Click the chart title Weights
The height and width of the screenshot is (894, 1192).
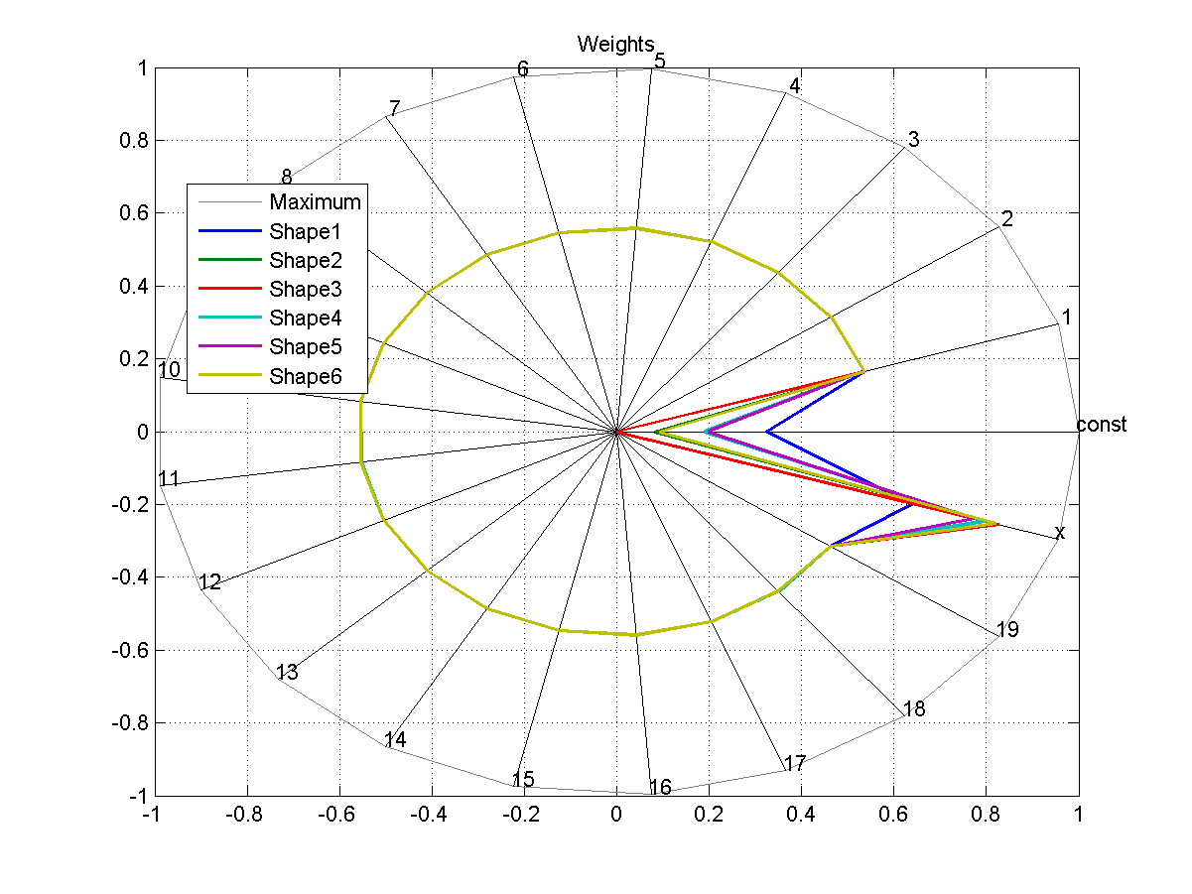coord(615,44)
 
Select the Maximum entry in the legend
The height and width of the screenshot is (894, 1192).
coord(315,202)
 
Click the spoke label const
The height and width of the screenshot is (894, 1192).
coord(1102,425)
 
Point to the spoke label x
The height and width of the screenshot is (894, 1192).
coord(1060,533)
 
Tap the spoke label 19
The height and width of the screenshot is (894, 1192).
coord(1007,630)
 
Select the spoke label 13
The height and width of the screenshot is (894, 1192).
coord(287,673)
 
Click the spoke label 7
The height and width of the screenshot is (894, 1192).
coord(394,108)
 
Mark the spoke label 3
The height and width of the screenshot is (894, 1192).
coord(914,140)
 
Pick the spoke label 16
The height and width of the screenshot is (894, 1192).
coord(660,788)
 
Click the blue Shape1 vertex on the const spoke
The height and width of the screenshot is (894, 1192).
coord(767,432)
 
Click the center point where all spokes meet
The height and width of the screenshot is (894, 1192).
coord(616,432)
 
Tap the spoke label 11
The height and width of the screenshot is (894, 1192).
coord(169,479)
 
